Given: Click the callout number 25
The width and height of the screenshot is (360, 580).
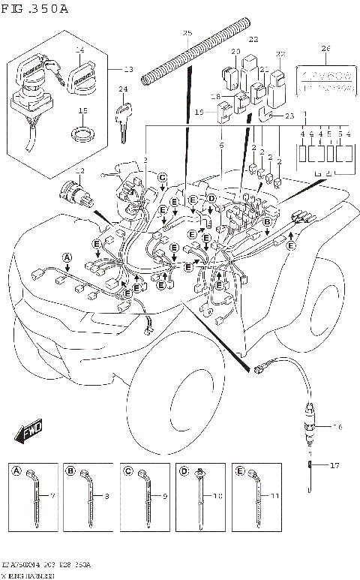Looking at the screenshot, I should (187, 33).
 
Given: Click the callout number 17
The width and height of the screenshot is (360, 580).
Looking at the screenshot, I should (334, 466).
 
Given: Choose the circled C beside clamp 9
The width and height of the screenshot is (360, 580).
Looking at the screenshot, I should (128, 470).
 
